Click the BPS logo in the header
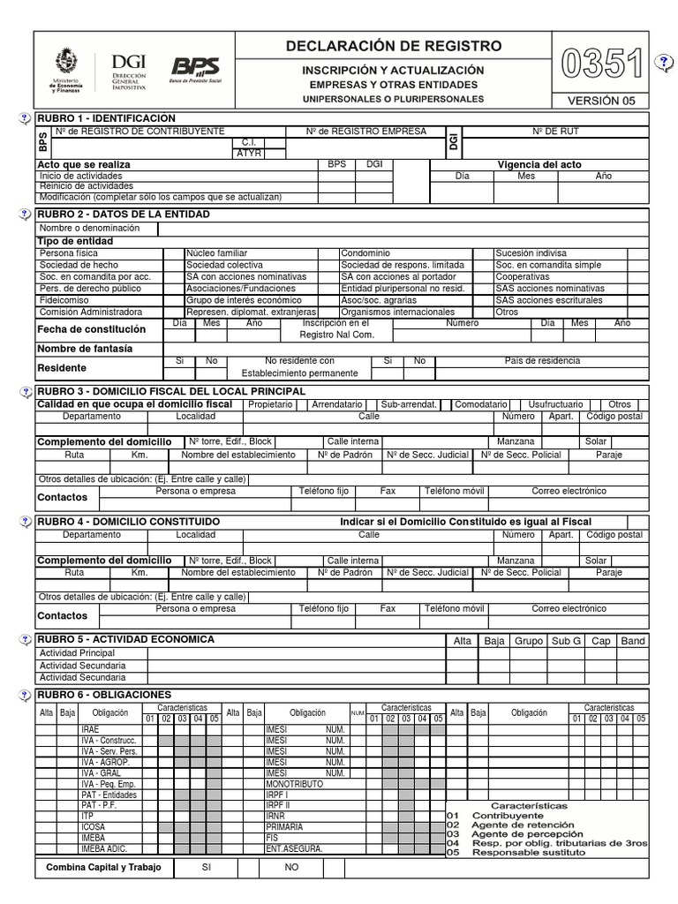click(195, 67)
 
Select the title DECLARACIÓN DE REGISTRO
click(394, 46)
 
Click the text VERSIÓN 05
click(601, 101)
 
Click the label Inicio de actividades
click(81, 176)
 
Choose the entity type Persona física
click(70, 253)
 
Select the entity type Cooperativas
click(523, 276)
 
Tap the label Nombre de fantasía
click(85, 349)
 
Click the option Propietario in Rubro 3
click(270, 403)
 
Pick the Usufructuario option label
click(555, 403)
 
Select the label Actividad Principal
click(78, 653)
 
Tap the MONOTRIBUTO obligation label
click(294, 784)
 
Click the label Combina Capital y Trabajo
click(103, 868)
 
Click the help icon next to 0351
click(664, 61)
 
